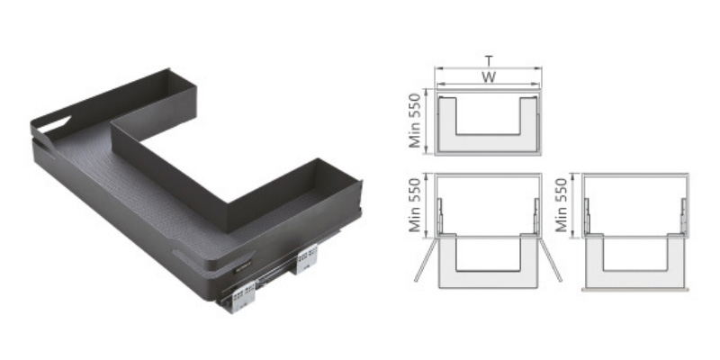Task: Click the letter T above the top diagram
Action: tap(489, 61)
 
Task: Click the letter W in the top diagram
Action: tap(489, 76)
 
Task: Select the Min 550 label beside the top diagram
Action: tap(415, 121)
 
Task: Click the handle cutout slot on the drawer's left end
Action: tap(54, 124)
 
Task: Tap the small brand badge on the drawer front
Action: tap(242, 267)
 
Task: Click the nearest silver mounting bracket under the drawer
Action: tap(242, 297)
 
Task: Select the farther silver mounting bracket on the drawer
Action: tap(306, 258)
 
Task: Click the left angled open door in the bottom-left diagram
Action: tap(425, 261)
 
